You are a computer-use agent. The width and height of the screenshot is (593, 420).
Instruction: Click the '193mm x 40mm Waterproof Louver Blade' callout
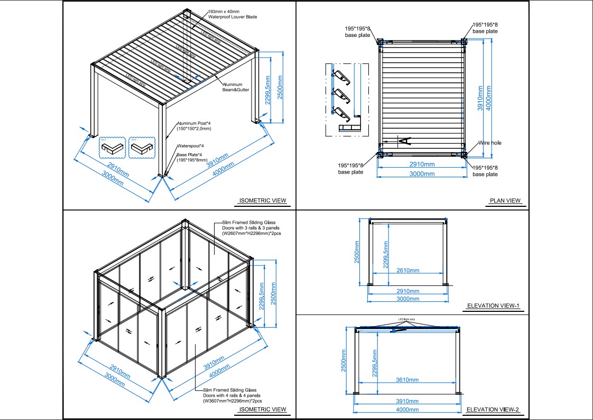click(233, 14)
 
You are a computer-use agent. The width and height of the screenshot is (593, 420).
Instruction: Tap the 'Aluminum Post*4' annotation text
click(194, 126)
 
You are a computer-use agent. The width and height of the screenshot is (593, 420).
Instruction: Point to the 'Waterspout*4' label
click(190, 146)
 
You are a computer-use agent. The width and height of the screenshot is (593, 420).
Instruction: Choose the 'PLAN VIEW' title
click(505, 201)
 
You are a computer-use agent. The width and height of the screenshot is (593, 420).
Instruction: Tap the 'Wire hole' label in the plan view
click(490, 143)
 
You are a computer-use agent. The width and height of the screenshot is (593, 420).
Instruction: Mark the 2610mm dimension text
click(407, 271)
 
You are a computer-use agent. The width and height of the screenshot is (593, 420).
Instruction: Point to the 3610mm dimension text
click(407, 380)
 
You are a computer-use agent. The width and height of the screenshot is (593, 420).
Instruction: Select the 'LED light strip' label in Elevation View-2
click(407, 319)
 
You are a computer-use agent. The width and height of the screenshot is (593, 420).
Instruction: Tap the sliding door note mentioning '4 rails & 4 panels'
click(232, 395)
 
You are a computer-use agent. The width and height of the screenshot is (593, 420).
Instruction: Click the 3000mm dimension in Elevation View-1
click(407, 299)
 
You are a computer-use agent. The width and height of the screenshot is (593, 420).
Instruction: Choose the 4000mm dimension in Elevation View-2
click(407, 409)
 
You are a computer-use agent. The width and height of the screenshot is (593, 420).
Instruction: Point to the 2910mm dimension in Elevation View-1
click(407, 291)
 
